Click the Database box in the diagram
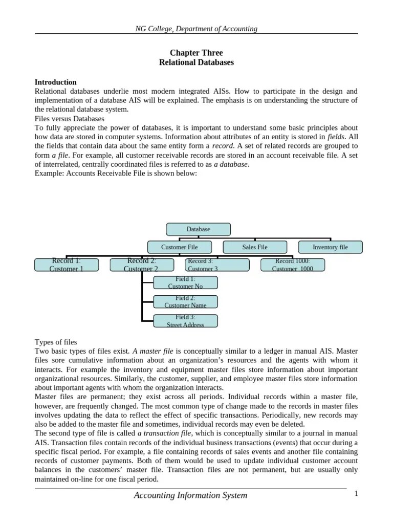coord(198,229)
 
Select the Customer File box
coord(179,247)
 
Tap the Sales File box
coord(255,247)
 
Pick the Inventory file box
coord(330,247)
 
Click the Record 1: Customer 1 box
coord(67,265)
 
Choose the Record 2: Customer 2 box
coord(141,265)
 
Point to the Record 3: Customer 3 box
coord(217,265)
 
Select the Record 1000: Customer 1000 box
coord(292,265)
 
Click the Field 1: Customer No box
coord(185,282)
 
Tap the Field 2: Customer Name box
coord(185,301)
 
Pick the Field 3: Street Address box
coord(185,321)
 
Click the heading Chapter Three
coord(196,53)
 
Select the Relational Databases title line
coord(196,62)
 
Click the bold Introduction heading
coord(55,82)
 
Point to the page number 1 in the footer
coord(356,493)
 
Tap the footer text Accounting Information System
coord(190,495)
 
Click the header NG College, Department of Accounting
coord(196,29)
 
